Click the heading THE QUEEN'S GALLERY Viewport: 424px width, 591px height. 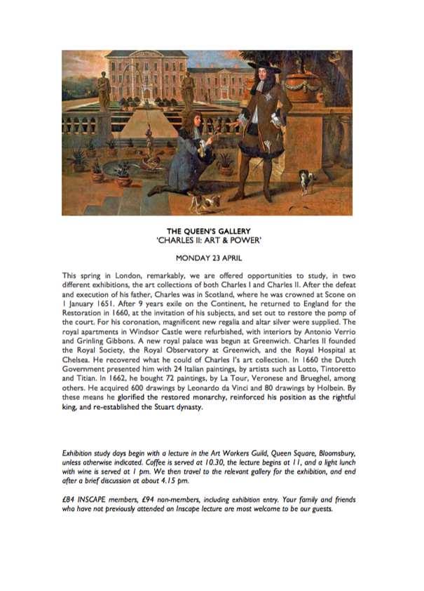[212, 229]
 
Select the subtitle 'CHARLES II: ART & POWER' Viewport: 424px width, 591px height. [212, 237]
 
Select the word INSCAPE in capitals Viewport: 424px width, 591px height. [96, 499]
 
